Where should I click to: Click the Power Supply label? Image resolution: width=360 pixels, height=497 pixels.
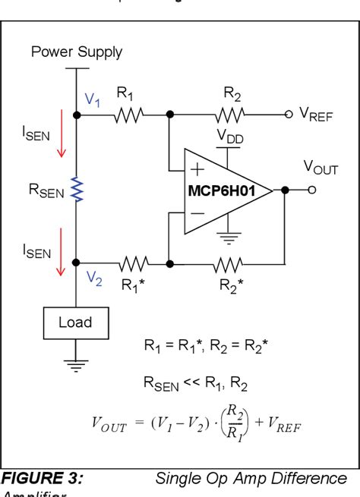tap(76, 53)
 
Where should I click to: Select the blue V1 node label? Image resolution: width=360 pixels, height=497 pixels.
tap(92, 99)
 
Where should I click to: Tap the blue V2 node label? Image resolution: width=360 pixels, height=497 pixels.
tap(93, 278)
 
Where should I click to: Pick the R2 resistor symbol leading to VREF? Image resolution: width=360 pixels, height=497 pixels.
tap(230, 115)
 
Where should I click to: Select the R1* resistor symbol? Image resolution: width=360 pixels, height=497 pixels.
tap(134, 263)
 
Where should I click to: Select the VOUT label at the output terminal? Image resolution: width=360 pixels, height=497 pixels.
tap(321, 168)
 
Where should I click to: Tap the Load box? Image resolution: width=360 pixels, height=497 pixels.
tap(76, 322)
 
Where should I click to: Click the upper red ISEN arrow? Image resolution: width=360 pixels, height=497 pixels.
tap(58, 148)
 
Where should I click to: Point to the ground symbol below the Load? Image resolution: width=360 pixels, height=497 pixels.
tap(76, 363)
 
